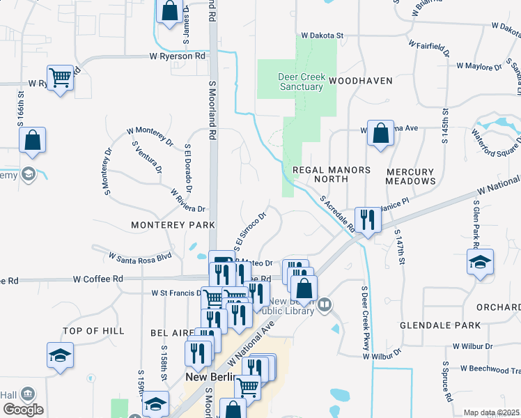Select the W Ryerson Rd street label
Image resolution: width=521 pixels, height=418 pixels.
click(x=178, y=56)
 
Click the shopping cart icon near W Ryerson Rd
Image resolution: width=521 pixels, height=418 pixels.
click(x=61, y=77)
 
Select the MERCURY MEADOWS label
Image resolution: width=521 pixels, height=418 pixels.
click(x=410, y=176)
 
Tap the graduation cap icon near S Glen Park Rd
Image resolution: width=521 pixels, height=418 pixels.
click(x=481, y=262)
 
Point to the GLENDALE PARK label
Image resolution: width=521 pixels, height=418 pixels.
click(x=440, y=325)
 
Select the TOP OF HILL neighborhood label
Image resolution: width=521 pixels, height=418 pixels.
click(x=93, y=330)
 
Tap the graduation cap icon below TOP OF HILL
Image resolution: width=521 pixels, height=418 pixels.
click(x=61, y=355)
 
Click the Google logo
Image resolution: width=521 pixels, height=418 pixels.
click(x=24, y=410)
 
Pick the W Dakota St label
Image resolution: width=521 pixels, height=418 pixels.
click(x=323, y=35)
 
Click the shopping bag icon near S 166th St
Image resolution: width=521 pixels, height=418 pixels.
click(x=33, y=140)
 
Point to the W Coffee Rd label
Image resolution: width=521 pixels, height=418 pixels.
click(x=98, y=279)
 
